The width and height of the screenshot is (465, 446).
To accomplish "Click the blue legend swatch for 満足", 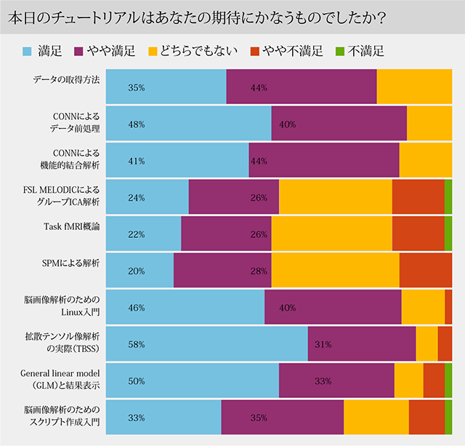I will (28, 52).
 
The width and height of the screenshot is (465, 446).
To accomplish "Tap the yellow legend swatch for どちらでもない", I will (153, 52).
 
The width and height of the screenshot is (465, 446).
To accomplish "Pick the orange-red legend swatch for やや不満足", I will (255, 52).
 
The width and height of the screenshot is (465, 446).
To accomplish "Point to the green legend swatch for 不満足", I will (339, 52).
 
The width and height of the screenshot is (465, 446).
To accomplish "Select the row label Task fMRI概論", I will (72, 226).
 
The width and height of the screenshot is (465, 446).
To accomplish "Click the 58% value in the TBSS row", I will (136, 344).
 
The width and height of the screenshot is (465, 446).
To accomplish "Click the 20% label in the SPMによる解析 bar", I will (136, 271).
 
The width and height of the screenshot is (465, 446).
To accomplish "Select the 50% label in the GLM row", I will (136, 381).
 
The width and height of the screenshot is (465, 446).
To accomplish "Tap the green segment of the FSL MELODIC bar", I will (448, 196).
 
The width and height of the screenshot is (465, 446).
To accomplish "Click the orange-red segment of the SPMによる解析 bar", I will (426, 270).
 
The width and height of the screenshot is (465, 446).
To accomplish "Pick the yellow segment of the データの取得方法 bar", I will (414, 87).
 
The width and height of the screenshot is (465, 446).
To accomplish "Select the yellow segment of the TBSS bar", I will (426, 344).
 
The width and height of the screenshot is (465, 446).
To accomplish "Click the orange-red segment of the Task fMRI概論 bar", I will (418, 234).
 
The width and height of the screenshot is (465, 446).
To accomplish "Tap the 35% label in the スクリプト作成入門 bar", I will (258, 418).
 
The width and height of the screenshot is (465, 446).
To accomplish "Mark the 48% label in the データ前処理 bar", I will (136, 124).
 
